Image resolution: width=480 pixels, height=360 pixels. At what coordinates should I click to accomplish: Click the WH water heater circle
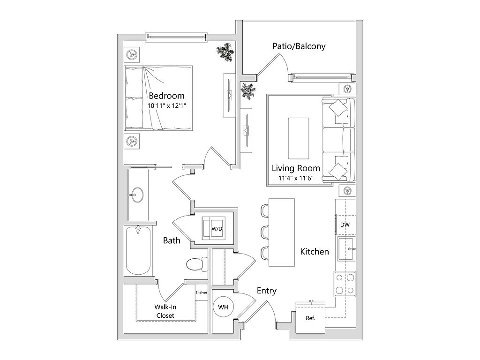[x=224, y=307]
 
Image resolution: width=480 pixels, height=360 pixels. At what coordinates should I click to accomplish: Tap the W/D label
[x=217, y=229]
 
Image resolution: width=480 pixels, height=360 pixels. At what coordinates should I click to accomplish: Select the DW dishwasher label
[x=345, y=225]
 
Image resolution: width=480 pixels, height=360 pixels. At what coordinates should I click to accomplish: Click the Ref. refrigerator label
[x=310, y=318]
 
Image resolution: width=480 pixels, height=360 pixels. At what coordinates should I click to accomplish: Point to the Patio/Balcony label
[x=299, y=46]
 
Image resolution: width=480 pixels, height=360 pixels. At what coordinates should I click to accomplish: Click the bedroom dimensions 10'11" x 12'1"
[x=167, y=106]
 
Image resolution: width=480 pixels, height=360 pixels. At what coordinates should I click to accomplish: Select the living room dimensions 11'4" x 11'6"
[x=296, y=178]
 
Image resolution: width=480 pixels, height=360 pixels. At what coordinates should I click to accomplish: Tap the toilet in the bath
[x=196, y=264]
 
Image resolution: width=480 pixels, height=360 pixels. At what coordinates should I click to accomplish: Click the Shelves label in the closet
[x=202, y=292]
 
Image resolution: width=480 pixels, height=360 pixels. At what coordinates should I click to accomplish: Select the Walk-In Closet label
[x=165, y=311]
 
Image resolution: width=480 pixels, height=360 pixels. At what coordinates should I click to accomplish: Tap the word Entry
[x=267, y=291]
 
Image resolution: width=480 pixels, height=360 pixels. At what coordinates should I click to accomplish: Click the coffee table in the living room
[x=299, y=138]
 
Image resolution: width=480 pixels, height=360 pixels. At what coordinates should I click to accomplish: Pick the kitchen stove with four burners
[x=345, y=283]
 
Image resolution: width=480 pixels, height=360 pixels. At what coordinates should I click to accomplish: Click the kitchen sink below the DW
[x=346, y=249]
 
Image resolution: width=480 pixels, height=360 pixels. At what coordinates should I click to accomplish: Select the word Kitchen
[x=315, y=252]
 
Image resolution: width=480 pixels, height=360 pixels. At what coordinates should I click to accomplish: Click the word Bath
[x=172, y=240]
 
